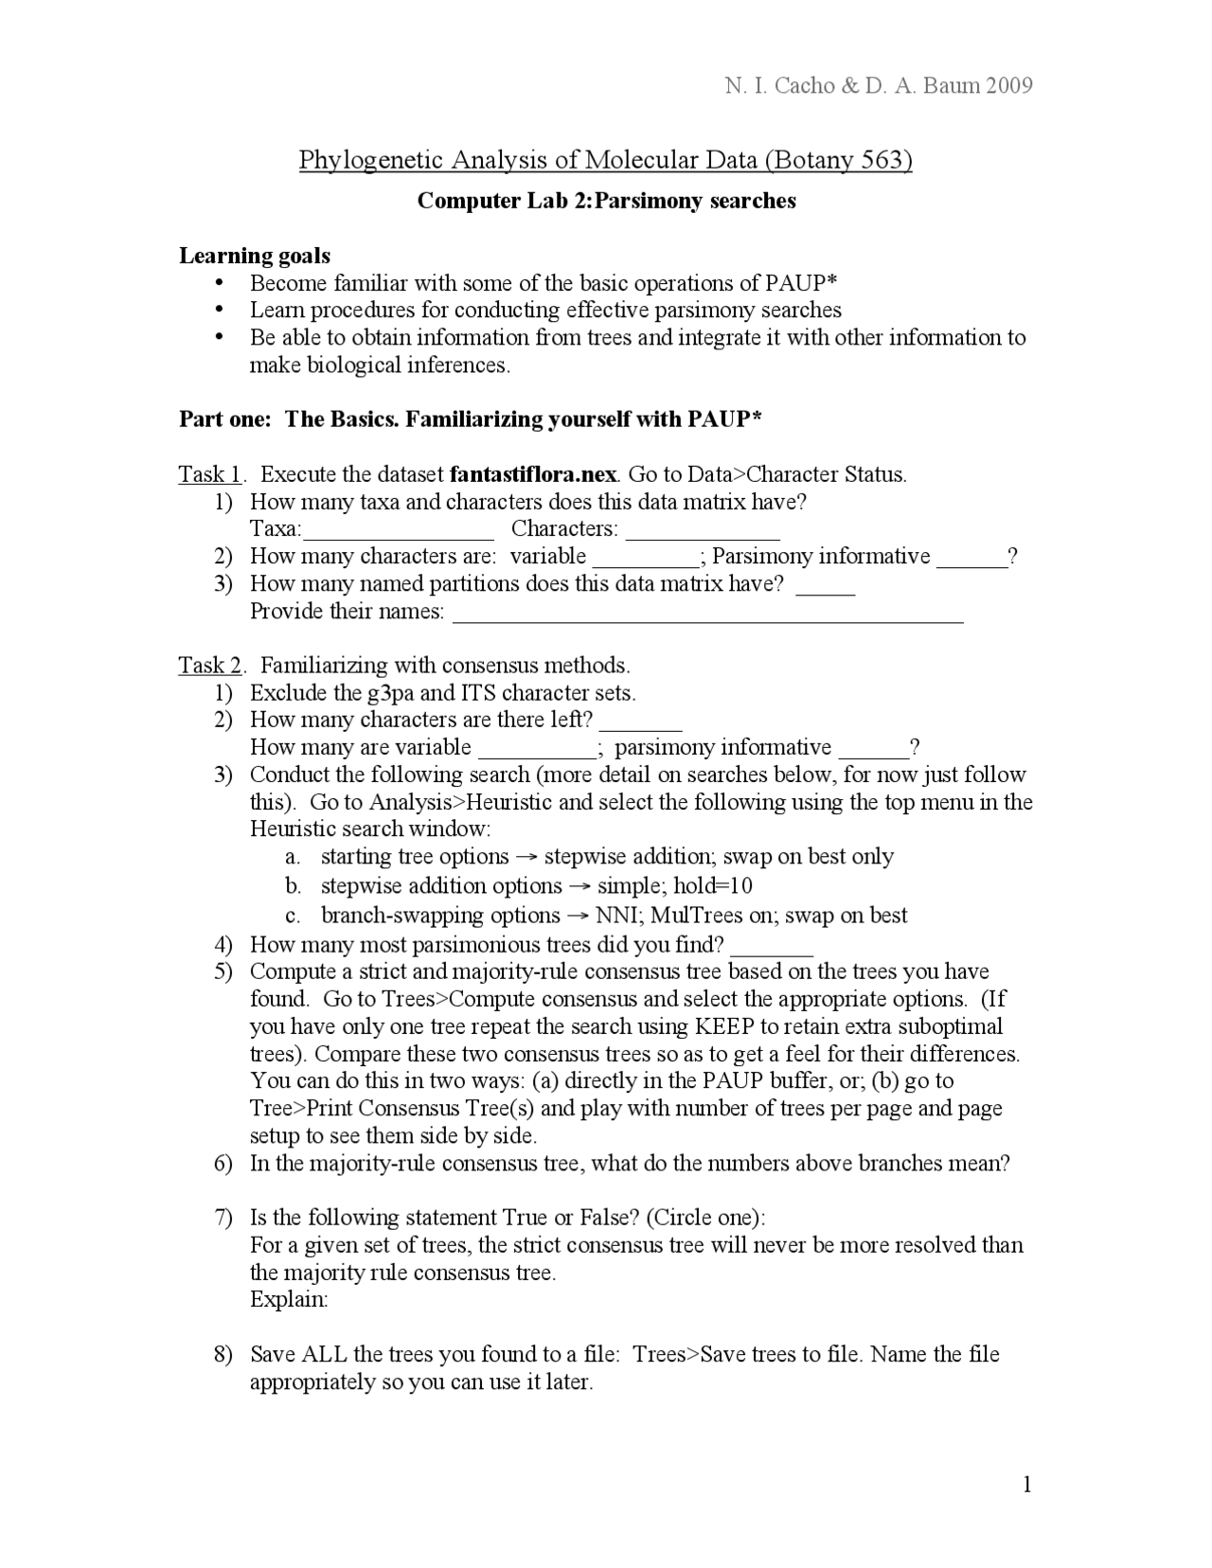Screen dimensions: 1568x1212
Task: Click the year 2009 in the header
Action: point(1008,86)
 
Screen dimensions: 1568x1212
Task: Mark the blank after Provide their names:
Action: point(708,614)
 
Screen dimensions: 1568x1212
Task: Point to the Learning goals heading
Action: point(255,256)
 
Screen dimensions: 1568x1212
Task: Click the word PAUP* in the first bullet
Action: point(800,283)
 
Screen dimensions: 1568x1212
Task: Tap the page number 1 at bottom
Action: point(1026,1486)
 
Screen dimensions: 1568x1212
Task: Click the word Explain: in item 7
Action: point(289,1299)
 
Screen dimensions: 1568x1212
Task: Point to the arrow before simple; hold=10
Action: point(579,887)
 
